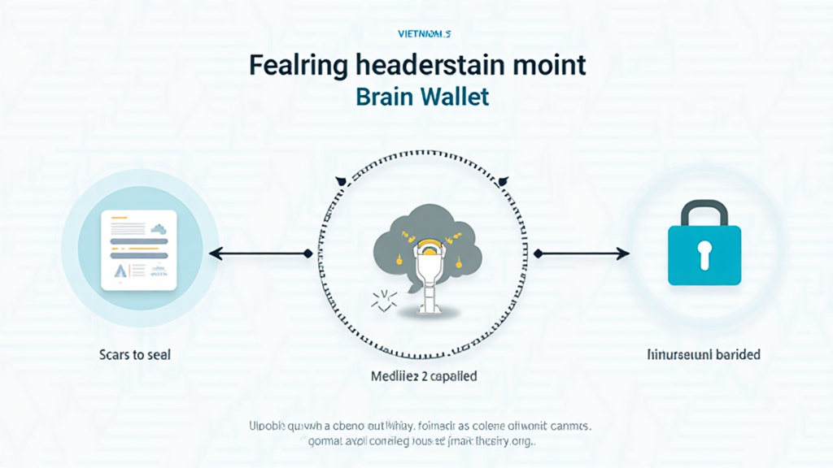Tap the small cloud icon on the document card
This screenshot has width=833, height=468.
[x=159, y=229]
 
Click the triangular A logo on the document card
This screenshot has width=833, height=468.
[x=120, y=270]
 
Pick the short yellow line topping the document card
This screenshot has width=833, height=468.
[x=120, y=219]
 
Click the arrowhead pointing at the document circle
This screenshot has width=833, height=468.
[x=214, y=254]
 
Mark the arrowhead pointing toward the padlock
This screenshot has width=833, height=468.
[x=624, y=254]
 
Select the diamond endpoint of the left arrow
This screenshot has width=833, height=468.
[x=307, y=254]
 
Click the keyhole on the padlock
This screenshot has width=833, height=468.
[x=704, y=253]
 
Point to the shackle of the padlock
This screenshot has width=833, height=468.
[x=704, y=212]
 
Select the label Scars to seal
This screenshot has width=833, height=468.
[x=137, y=355]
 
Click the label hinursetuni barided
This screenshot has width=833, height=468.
[x=704, y=355]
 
